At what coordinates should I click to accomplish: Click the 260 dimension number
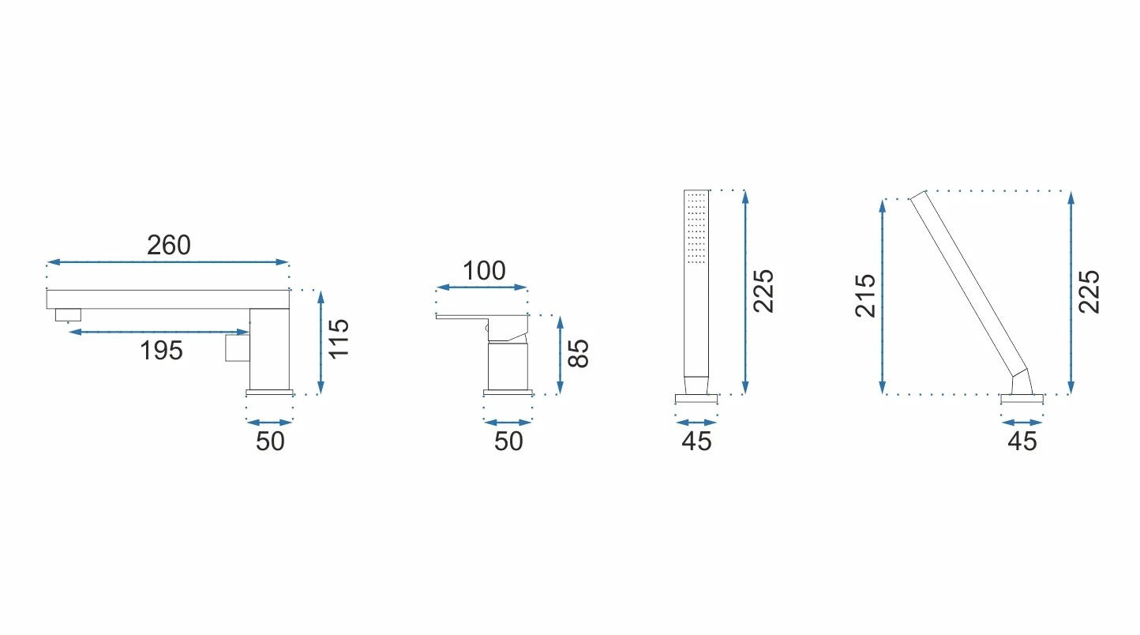(x=169, y=246)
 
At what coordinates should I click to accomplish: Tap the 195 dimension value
(x=161, y=351)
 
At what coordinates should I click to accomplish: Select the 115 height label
(x=339, y=339)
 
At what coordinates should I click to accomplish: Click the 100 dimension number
(x=484, y=271)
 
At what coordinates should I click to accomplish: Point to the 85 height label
(x=579, y=353)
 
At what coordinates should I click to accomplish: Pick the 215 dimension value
(x=865, y=296)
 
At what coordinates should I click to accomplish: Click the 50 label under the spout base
(x=270, y=441)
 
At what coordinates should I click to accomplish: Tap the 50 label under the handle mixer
(x=508, y=441)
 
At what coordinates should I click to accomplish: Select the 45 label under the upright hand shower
(x=697, y=441)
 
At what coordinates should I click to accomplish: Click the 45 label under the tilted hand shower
(x=1022, y=441)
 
